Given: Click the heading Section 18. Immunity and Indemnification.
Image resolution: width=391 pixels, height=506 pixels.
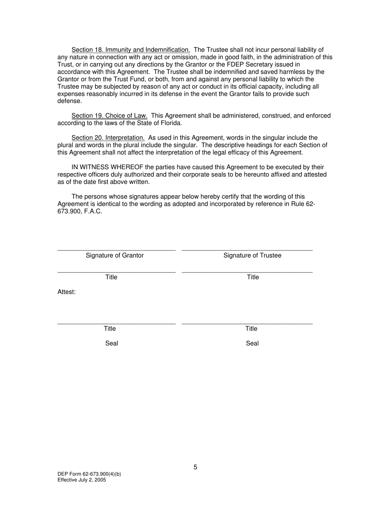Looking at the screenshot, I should coord(130,50).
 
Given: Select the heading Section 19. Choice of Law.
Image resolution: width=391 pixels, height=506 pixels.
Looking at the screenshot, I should coord(109,116).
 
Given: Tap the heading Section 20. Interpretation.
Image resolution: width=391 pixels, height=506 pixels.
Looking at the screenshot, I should coord(108,138).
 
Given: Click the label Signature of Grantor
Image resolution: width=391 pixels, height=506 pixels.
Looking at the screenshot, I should coord(115,255).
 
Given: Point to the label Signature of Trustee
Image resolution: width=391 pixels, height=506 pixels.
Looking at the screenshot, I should coord(252,255).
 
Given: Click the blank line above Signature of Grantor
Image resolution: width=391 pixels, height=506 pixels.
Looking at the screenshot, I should coord(116,250).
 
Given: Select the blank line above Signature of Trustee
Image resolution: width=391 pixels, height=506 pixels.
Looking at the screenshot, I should coord(247,250).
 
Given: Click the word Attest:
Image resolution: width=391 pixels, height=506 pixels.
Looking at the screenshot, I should coord(67,292).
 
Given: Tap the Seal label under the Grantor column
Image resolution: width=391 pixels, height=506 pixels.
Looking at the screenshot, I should coord(112,344).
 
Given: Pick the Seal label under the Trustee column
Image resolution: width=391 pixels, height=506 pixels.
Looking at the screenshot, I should coord(252,344).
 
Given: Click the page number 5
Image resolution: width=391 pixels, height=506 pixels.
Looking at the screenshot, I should coord(195,467).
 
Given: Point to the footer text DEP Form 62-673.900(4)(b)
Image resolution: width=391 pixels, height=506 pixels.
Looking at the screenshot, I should coord(89,474).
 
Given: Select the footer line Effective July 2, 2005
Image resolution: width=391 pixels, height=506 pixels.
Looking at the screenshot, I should coord(81,480).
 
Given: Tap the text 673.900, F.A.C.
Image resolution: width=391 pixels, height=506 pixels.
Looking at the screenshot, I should coord(79,211).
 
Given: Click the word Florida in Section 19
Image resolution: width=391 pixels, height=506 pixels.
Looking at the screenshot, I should coord(170,123).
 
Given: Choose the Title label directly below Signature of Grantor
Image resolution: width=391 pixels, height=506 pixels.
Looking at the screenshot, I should coord(111,277).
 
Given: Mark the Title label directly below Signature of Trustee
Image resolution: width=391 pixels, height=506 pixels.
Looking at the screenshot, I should coord(253,277).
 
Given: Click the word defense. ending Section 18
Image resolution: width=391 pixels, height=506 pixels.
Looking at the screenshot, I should coord(70,101).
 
